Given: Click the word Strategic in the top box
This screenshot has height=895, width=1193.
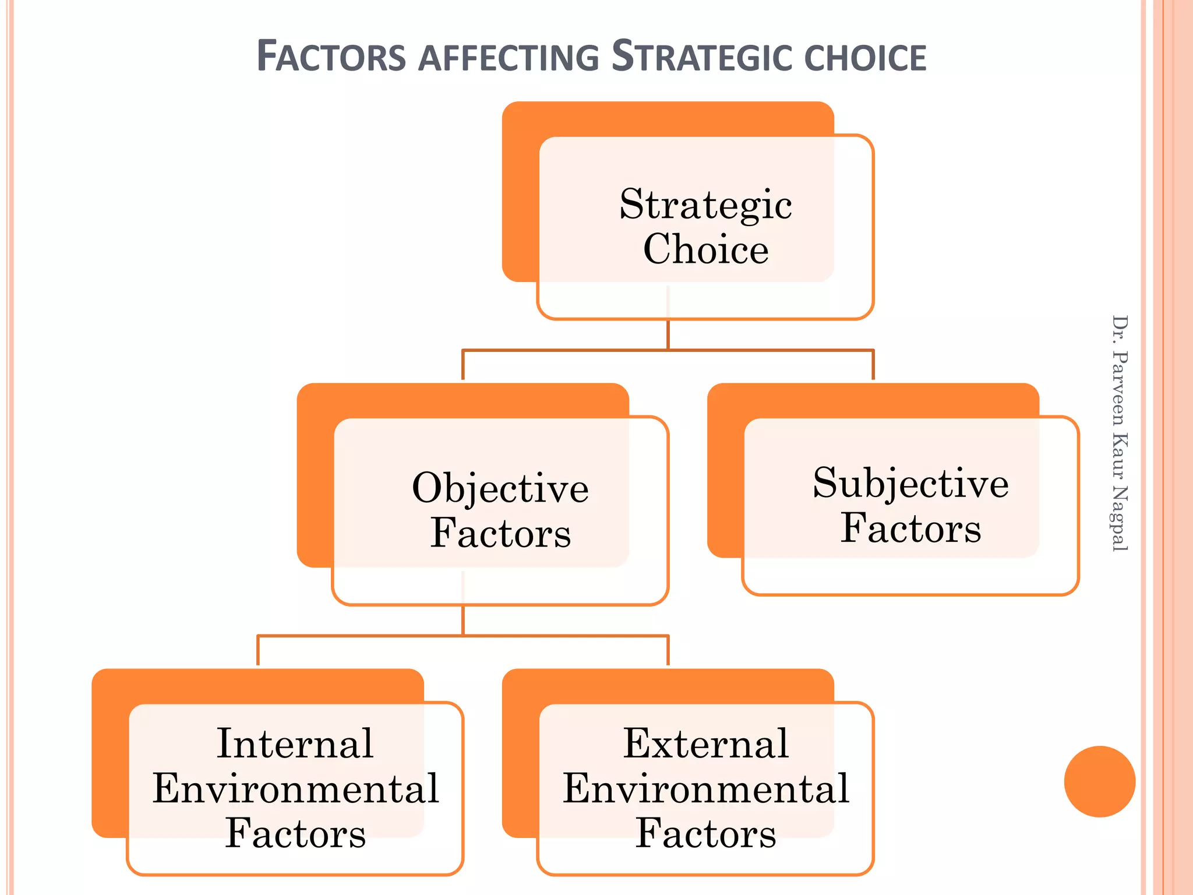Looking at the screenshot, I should (705, 205).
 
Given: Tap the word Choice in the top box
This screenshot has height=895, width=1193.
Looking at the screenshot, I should (705, 249).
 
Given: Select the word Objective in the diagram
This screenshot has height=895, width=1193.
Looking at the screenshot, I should (500, 488).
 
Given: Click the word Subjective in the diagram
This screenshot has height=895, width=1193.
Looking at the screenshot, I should (910, 484).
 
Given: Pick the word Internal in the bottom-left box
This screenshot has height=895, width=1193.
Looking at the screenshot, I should (295, 744).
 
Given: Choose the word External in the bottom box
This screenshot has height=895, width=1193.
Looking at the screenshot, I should (705, 744).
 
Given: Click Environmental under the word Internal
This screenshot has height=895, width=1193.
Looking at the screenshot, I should (295, 789).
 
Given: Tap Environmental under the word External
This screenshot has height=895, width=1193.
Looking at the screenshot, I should (705, 789).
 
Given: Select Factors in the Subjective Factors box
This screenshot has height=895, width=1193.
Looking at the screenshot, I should (910, 528).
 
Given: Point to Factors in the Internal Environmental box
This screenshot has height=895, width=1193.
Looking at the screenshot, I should (295, 834).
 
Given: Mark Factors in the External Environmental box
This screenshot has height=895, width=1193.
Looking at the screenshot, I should (705, 834).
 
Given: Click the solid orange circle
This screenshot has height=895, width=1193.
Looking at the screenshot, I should (1099, 781).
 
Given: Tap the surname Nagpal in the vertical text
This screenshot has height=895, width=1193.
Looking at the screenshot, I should (1120, 518).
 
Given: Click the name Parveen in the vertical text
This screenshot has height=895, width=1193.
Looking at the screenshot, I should (1120, 387).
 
